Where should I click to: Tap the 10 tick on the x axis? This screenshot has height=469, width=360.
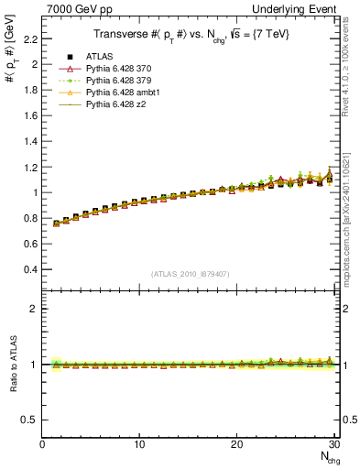139,444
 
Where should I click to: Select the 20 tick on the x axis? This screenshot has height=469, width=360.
237,444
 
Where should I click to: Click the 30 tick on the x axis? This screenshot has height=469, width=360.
334,444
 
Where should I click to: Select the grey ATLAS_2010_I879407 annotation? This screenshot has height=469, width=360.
190,274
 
